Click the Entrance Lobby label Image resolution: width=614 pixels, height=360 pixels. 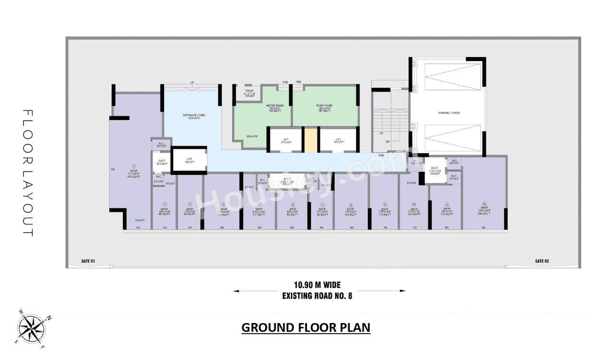click(191, 115)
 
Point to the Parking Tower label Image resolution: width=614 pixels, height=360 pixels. click(449, 113)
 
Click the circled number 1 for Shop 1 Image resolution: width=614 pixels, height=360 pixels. click(133, 166)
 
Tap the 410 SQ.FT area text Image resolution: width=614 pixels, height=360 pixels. click(133, 177)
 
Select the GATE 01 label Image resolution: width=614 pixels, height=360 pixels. click(88, 261)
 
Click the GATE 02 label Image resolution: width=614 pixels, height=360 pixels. click(542, 261)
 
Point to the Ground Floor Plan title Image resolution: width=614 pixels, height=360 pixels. click(306, 328)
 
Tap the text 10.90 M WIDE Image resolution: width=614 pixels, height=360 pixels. click(317, 285)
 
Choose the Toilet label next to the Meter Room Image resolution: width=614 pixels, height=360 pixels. click(249, 90)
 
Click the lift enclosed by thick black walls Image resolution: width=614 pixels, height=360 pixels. click(189, 160)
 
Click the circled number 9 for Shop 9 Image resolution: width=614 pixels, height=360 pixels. click(384, 204)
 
